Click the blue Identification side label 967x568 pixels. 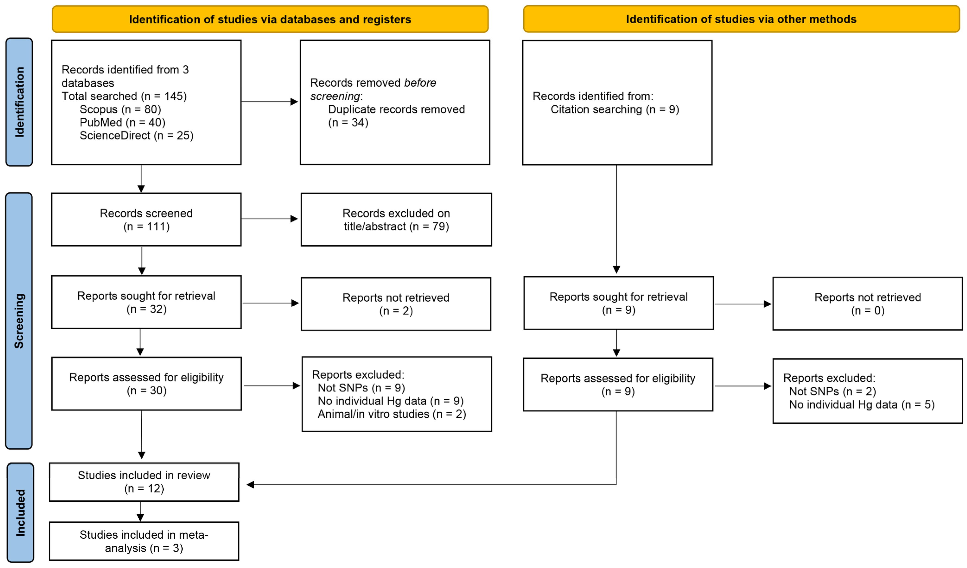(x=19, y=102)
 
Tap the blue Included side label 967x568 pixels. (x=20, y=512)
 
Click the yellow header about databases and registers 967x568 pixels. (x=270, y=19)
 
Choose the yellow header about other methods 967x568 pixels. (x=741, y=19)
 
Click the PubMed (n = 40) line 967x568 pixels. (x=122, y=122)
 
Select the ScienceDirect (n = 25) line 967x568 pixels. (x=137, y=135)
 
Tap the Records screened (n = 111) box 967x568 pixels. (x=146, y=220)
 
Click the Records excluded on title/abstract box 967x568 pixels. (x=396, y=220)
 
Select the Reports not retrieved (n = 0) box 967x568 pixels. (x=868, y=304)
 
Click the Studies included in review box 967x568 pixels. (x=144, y=482)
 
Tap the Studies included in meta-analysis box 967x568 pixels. (x=144, y=541)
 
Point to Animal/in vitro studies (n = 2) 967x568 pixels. (x=392, y=414)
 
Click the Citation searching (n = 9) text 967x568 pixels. (x=615, y=109)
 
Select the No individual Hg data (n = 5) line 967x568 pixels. (x=862, y=405)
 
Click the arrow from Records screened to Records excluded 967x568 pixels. (x=270, y=219)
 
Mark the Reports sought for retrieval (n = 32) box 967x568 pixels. (x=147, y=302)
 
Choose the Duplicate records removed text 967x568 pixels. (x=396, y=109)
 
